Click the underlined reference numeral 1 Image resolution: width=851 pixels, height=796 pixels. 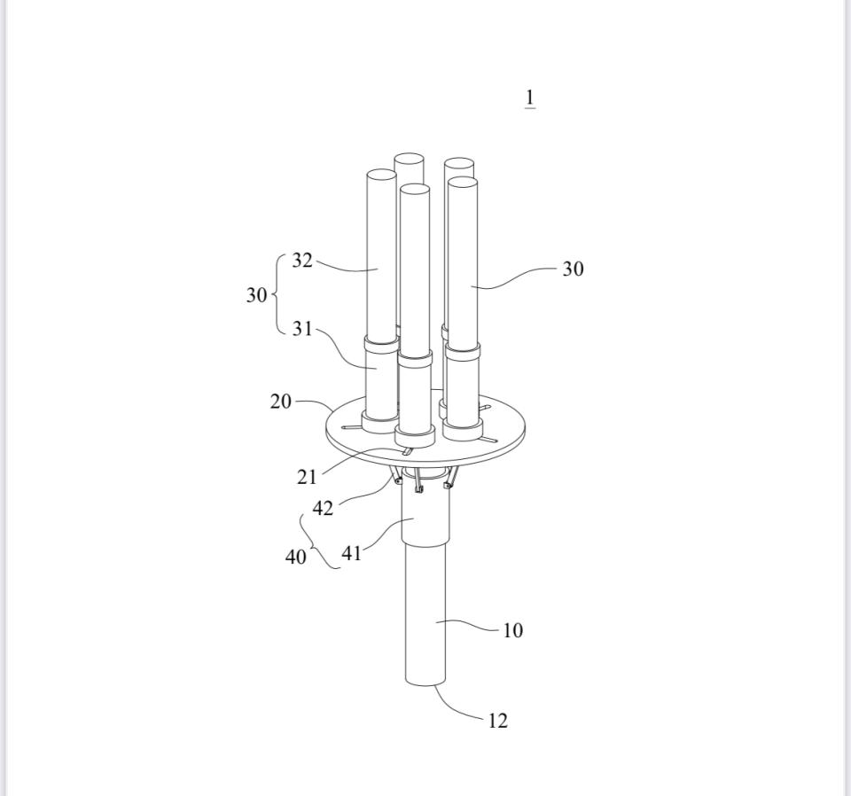click(x=530, y=98)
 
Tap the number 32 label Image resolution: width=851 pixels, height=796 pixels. click(x=302, y=261)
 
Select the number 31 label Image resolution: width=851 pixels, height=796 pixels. click(x=302, y=328)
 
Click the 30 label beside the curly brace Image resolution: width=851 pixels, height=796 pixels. click(x=257, y=295)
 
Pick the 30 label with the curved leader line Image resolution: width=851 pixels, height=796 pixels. click(x=574, y=269)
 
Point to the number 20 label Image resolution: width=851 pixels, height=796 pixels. click(x=281, y=402)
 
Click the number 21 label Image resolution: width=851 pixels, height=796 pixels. click(x=307, y=477)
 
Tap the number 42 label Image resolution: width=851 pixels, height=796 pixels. click(x=323, y=509)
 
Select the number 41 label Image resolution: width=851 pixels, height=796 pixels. click(x=351, y=553)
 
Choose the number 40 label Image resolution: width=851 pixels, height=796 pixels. click(x=296, y=557)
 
